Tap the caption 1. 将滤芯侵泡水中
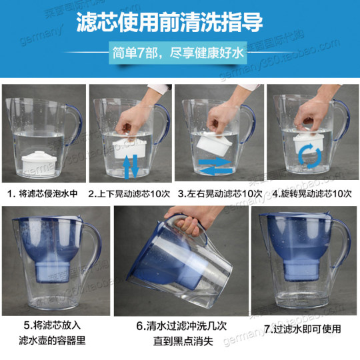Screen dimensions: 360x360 pos(47,194)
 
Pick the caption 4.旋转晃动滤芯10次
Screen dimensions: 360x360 pos(311,194)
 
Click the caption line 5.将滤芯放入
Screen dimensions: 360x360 pos(54,327)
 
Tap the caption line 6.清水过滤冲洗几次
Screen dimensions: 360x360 pos(180,327)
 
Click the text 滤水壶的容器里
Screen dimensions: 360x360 pos(54,342)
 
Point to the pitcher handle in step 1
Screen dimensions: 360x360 pos(75,123)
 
